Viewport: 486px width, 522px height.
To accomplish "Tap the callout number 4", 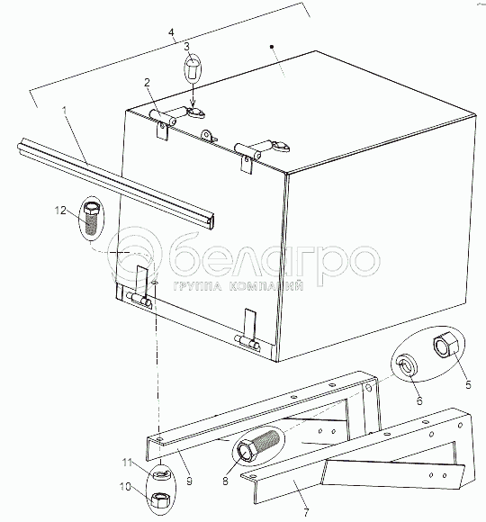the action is tap(171, 32).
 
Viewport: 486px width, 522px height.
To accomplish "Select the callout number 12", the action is tap(60, 211).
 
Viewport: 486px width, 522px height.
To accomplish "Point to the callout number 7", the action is tap(307, 512).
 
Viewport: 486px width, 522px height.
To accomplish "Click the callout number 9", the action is tap(189, 481).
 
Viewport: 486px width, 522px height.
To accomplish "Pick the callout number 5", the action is tap(468, 385).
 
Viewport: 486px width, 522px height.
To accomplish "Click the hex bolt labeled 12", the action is tap(91, 218).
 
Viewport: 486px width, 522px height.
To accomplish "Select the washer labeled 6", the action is tap(408, 366).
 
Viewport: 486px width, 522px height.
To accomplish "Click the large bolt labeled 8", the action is tap(258, 445).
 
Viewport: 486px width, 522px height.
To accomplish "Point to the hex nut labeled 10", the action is tap(161, 500).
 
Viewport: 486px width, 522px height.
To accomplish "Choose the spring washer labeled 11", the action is tap(161, 473).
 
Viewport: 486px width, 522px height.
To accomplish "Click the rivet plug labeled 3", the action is tap(193, 69).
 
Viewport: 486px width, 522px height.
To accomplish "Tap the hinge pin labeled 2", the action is tap(163, 118).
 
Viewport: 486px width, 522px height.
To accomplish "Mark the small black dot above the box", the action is tap(272, 47).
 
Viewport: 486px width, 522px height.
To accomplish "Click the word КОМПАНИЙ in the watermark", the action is tap(266, 286).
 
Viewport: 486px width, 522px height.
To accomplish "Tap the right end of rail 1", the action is tap(211, 220).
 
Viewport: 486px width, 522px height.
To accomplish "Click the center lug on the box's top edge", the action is tap(207, 135).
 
